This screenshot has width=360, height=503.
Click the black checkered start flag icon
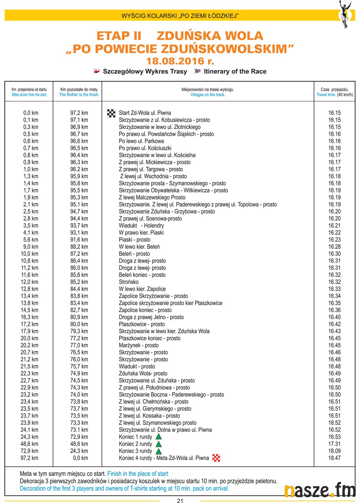click(111, 113)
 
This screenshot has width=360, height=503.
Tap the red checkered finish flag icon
click(216, 458)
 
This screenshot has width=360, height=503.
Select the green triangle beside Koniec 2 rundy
click(158, 444)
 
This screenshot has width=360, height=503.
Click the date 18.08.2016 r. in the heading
click(180, 61)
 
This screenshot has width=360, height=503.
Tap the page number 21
click(180, 500)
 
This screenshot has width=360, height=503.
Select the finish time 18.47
click(334, 458)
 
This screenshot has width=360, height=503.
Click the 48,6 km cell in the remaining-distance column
click(79, 444)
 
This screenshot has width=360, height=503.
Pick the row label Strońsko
click(129, 282)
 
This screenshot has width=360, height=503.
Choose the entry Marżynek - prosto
click(139, 345)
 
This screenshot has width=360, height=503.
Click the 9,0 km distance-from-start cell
click(31, 247)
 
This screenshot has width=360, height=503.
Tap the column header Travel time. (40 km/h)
click(334, 95)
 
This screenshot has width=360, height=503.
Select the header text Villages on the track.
click(208, 95)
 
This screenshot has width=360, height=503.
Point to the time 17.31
click(334, 444)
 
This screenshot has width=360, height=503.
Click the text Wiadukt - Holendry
click(141, 226)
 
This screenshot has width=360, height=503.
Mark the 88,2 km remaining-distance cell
click(79, 247)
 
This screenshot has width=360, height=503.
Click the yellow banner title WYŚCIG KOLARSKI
click(180, 16)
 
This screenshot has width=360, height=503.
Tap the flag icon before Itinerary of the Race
click(197, 71)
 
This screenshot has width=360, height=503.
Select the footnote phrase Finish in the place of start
click(138, 473)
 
